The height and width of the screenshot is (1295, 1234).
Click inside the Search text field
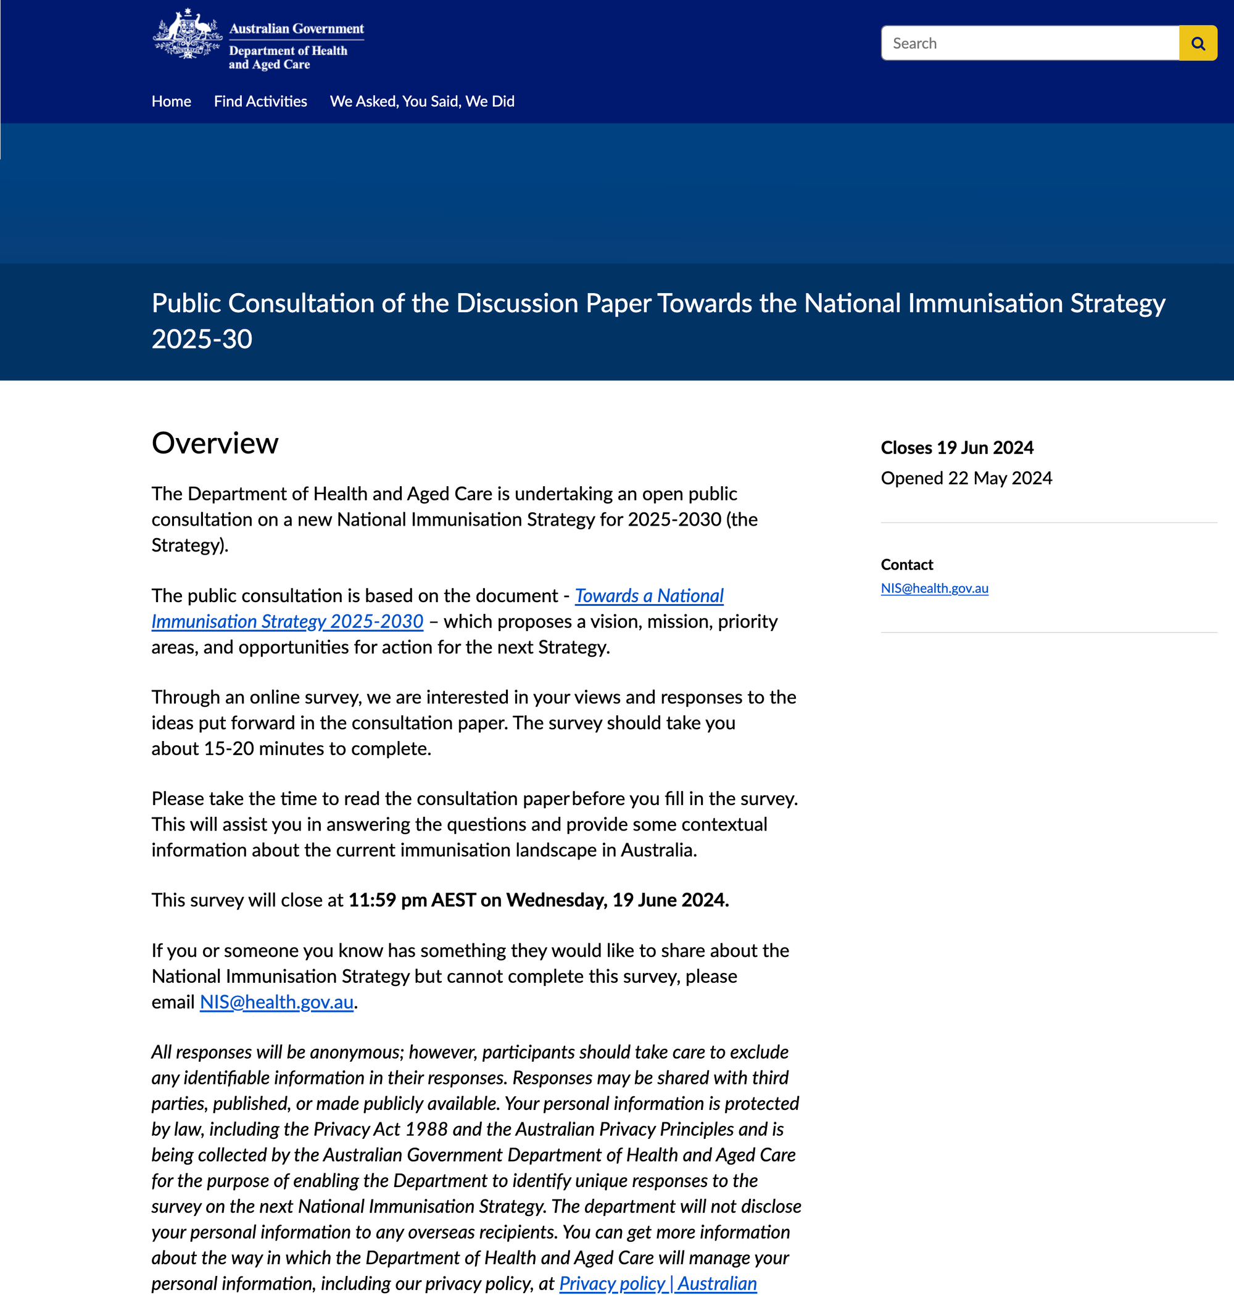point(1029,43)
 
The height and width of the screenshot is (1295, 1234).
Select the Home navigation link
point(171,101)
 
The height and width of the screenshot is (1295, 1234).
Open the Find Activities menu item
point(260,101)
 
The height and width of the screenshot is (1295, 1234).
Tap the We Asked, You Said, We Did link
point(421,101)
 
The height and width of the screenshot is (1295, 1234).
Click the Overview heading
point(215,443)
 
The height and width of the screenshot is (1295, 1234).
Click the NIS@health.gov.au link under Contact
point(934,589)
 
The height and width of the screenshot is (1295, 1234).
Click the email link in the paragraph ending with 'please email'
point(276,1003)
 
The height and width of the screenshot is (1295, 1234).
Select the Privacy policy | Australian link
point(658,1284)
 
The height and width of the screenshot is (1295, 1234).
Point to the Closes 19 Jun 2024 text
point(956,448)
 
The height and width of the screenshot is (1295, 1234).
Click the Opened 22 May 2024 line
point(966,478)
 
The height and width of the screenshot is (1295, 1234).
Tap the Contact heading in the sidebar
point(906,565)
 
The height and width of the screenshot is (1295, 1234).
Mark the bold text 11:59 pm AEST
point(412,900)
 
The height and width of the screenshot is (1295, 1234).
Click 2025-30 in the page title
point(202,339)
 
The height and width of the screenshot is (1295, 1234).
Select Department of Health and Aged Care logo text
point(288,57)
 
